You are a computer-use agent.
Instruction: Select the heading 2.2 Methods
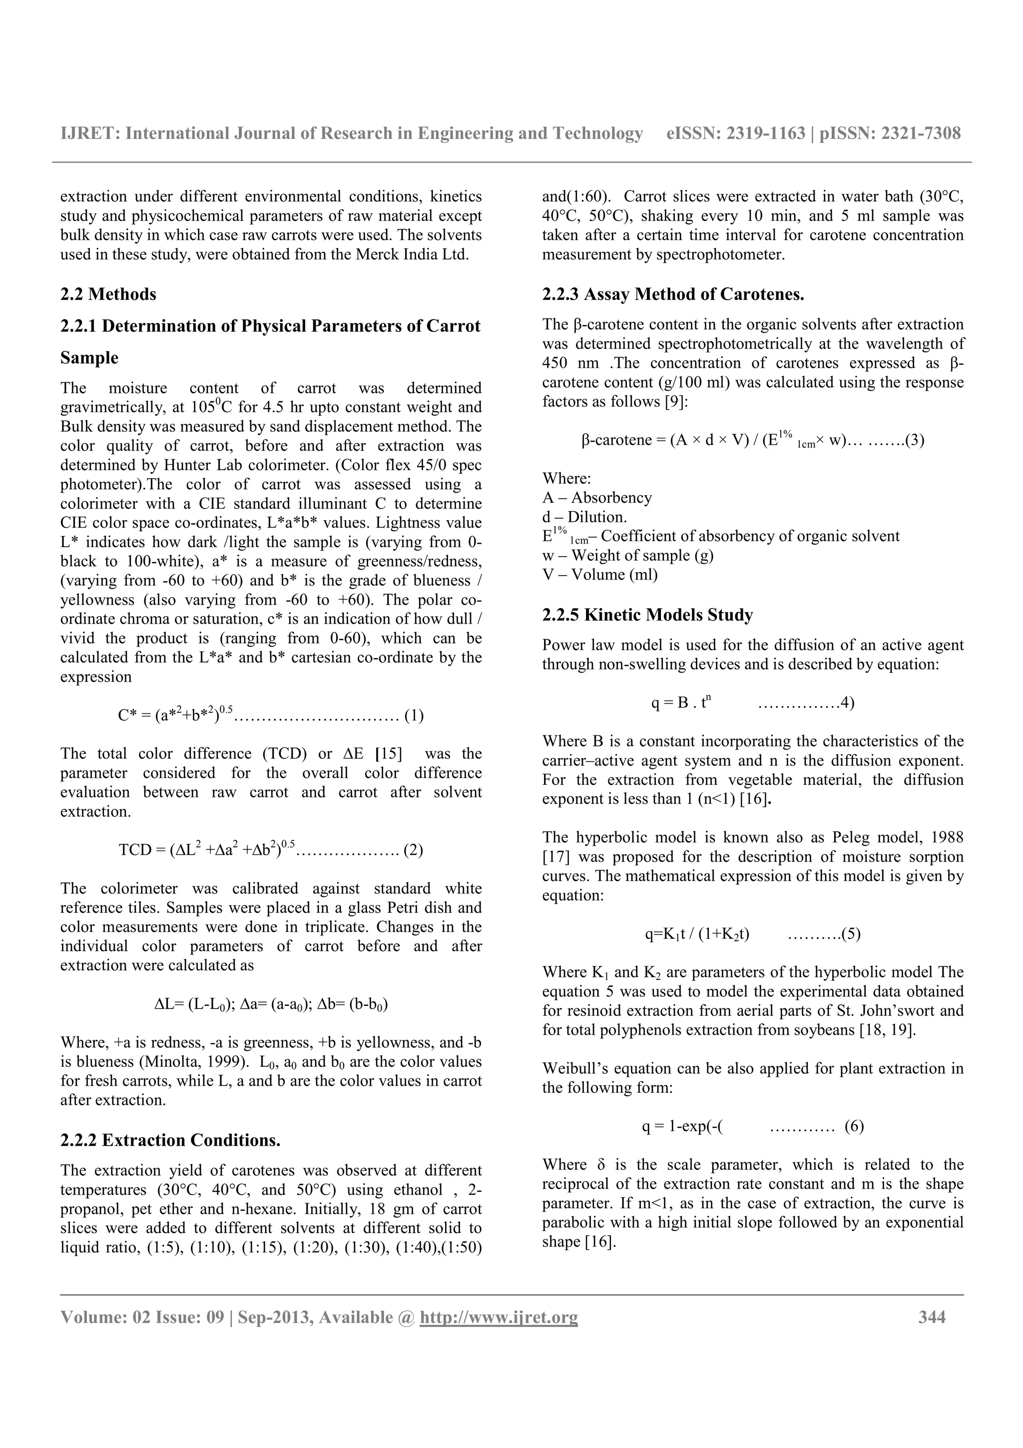coord(108,294)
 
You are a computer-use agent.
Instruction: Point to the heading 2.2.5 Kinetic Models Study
coord(647,615)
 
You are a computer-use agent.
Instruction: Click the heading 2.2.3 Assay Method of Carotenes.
coord(672,294)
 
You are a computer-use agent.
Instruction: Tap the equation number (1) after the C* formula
coord(414,716)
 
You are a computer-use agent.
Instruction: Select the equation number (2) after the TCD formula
coord(413,850)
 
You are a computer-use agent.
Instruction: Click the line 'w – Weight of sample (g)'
coord(628,556)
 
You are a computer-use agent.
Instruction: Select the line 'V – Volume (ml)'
coord(599,575)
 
